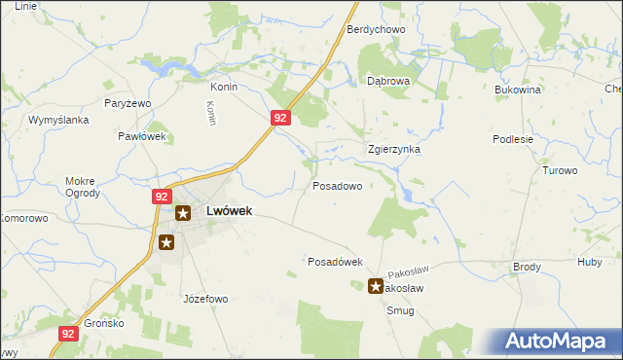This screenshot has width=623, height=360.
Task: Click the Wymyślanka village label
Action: pyautogui.click(x=58, y=120)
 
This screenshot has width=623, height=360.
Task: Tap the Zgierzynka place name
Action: pyautogui.click(x=393, y=150)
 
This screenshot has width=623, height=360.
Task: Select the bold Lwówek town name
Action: pyautogui.click(x=229, y=211)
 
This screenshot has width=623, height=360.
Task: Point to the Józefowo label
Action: pyautogui.click(x=204, y=299)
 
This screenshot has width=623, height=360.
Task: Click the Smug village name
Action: pyautogui.click(x=399, y=310)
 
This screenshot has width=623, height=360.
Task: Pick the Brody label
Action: pyautogui.click(x=527, y=267)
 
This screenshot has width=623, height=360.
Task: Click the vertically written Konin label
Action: pyautogui.click(x=211, y=114)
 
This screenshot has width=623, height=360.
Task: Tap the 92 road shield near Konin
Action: pyautogui.click(x=279, y=118)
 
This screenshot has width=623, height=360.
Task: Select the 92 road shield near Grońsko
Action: pyautogui.click(x=67, y=333)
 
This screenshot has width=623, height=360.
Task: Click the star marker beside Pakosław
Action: pyautogui.click(x=376, y=286)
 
